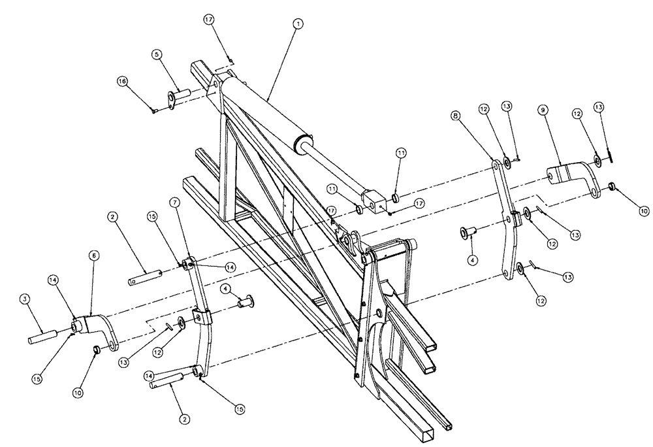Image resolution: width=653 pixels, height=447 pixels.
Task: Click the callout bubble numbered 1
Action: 298,24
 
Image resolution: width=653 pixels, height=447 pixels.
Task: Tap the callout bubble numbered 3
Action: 24,299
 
